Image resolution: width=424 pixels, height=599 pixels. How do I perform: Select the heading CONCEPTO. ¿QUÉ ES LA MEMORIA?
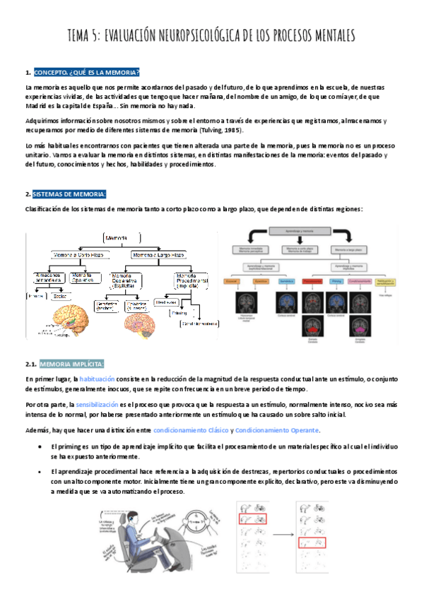tap(86, 73)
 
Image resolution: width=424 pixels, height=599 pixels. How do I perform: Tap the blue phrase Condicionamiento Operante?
tap(277, 430)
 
